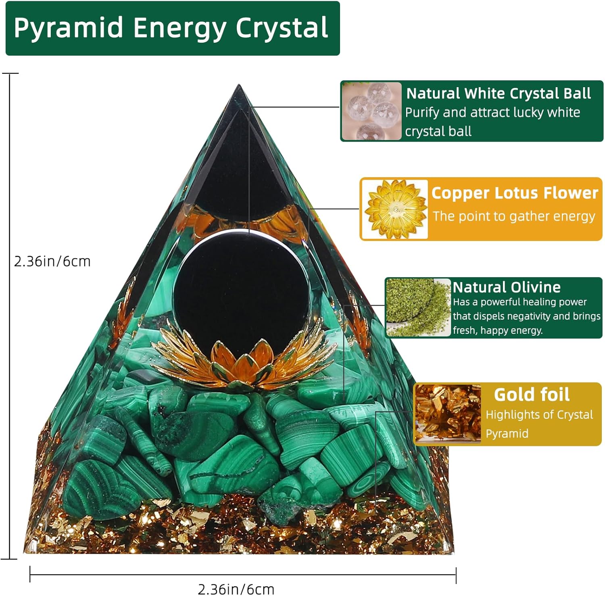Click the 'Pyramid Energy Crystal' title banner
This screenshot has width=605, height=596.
[172, 28]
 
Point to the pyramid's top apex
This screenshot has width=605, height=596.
[239, 86]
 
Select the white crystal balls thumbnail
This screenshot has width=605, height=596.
[371, 111]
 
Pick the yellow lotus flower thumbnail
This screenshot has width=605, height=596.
[395, 209]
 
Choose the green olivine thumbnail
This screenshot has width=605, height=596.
[418, 307]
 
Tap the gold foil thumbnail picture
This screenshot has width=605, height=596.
[448, 414]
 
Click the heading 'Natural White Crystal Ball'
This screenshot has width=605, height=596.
[499, 94]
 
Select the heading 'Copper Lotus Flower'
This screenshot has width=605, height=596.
[515, 193]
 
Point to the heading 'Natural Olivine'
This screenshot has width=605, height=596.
[507, 287]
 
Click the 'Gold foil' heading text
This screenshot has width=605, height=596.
[532, 395]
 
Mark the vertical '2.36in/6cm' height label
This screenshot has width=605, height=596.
[52, 261]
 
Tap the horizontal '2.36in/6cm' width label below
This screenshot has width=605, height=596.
[236, 589]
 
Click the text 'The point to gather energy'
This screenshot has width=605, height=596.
[514, 216]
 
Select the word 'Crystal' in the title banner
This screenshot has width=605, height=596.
[282, 28]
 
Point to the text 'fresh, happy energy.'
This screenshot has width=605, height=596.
[498, 330]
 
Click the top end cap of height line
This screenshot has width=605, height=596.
[10, 74]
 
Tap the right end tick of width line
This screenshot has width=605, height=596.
[456, 575]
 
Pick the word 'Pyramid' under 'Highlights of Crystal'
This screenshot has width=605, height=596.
[507, 433]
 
